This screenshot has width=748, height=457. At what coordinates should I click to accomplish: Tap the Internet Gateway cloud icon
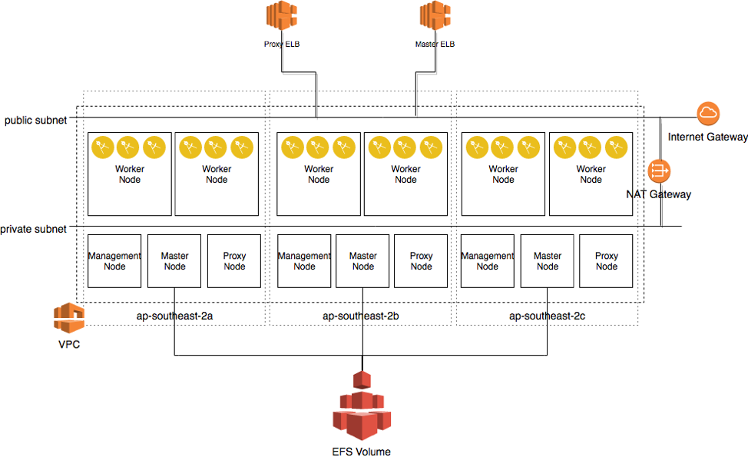click(x=708, y=114)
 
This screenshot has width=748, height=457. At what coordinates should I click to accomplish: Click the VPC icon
click(x=68, y=317)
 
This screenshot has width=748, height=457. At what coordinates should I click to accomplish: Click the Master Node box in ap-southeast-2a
click(x=174, y=261)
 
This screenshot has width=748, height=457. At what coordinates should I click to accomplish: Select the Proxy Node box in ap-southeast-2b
click(x=421, y=261)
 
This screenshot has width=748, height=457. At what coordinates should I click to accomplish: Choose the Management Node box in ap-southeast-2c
click(x=487, y=261)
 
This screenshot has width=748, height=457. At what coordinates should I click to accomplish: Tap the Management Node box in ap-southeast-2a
click(x=114, y=261)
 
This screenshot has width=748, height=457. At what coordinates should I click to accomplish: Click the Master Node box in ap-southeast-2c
click(x=547, y=261)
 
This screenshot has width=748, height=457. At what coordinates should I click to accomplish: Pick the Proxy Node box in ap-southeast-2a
click(x=234, y=261)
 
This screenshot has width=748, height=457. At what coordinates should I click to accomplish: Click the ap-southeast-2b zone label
click(x=360, y=316)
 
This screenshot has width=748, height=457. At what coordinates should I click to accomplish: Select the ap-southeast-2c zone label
click(x=547, y=316)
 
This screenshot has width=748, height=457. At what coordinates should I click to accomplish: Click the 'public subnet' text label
click(x=35, y=121)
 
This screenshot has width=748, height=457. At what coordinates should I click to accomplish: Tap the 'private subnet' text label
click(x=33, y=229)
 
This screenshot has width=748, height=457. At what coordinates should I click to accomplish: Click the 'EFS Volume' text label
click(x=361, y=452)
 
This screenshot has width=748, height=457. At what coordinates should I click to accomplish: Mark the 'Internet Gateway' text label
click(x=707, y=137)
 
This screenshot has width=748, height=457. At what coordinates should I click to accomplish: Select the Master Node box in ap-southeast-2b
click(x=362, y=261)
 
